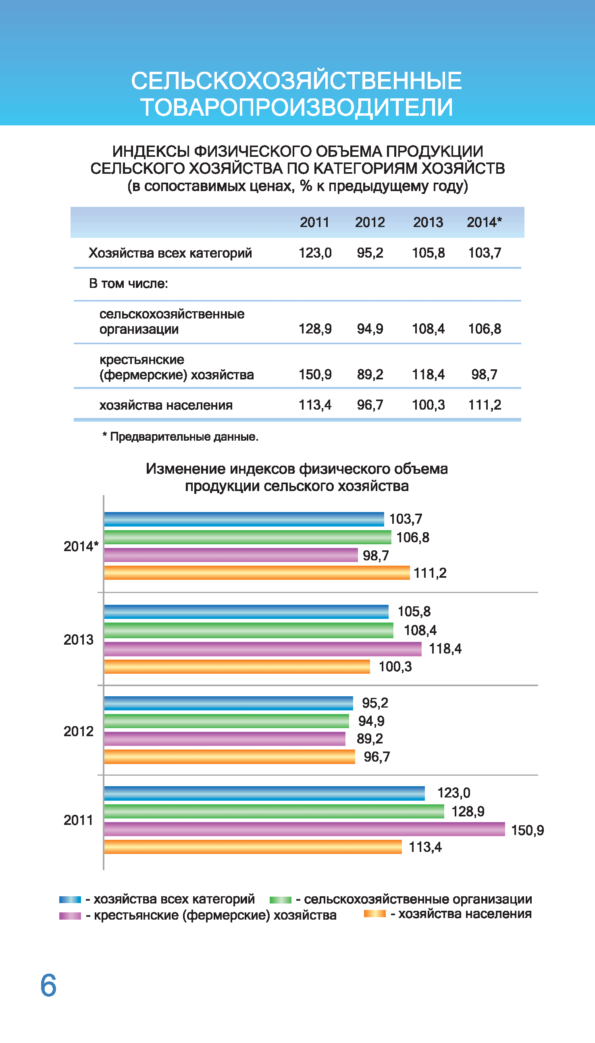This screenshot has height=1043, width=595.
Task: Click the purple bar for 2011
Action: (x=304, y=829)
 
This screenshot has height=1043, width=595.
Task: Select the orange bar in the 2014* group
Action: (x=257, y=573)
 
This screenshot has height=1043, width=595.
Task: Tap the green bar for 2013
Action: (x=248, y=630)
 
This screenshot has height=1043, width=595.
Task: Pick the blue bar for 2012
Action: (x=229, y=704)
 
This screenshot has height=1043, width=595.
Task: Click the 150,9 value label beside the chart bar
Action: (x=528, y=830)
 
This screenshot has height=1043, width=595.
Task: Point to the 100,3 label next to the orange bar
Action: (x=395, y=666)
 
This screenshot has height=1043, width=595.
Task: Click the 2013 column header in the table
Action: (x=428, y=222)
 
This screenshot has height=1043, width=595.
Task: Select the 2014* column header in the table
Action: (x=484, y=222)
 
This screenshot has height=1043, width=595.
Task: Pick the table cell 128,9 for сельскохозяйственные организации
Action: (x=315, y=329)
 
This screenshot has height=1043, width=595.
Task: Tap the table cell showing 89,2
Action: (x=370, y=375)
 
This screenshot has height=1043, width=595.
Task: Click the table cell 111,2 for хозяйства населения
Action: (x=485, y=405)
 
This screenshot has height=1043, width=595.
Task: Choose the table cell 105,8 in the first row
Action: (x=428, y=253)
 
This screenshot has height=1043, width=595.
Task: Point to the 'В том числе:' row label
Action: (x=128, y=283)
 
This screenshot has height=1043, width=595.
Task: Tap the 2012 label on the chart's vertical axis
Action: (x=79, y=731)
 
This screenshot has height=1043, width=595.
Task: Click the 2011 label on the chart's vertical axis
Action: (x=78, y=820)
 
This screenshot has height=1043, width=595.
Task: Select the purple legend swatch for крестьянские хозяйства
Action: (x=70, y=916)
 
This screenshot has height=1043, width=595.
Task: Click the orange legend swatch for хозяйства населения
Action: (x=375, y=914)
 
